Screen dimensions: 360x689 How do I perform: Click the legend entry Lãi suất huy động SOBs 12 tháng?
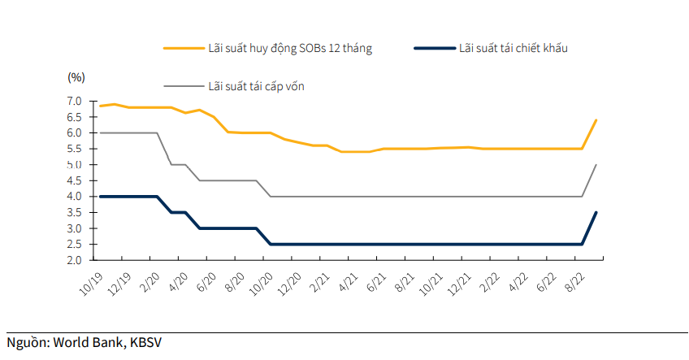click(290, 48)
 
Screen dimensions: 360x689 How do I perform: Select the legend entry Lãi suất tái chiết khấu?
click(513, 48)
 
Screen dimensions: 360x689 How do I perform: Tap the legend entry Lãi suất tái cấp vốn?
click(256, 85)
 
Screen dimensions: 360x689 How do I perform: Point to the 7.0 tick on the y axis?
click(75, 101)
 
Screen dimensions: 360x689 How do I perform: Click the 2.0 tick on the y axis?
click(75, 260)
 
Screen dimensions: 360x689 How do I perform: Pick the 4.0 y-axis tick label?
click(75, 197)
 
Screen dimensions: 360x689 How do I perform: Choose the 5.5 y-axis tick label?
click(75, 149)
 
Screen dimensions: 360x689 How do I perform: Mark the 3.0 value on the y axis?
click(75, 228)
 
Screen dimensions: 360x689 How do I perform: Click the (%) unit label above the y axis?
click(76, 77)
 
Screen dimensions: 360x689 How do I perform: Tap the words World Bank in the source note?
click(89, 342)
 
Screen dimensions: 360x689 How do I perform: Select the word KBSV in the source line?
click(145, 342)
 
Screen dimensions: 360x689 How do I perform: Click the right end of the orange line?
click(596, 120)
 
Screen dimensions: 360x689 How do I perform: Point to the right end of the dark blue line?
click(596, 213)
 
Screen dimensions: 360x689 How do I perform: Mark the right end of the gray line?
click(596, 165)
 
